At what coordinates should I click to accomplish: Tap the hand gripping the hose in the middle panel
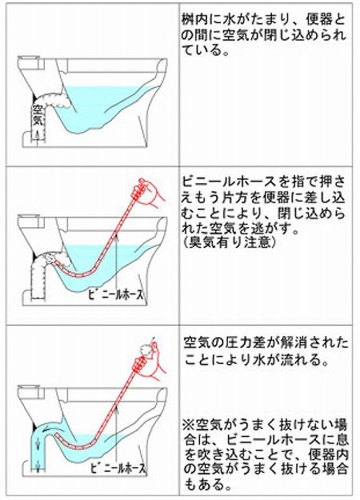[155, 191]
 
